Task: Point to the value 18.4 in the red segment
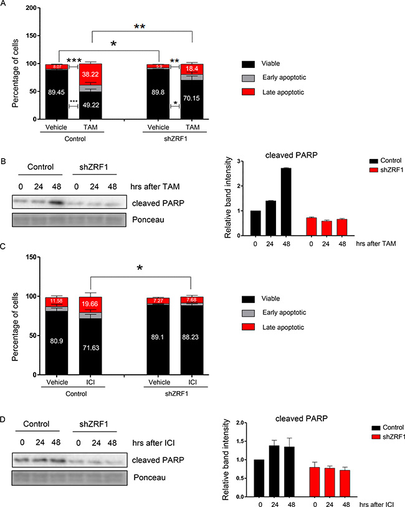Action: pyautogui.click(x=192, y=69)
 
